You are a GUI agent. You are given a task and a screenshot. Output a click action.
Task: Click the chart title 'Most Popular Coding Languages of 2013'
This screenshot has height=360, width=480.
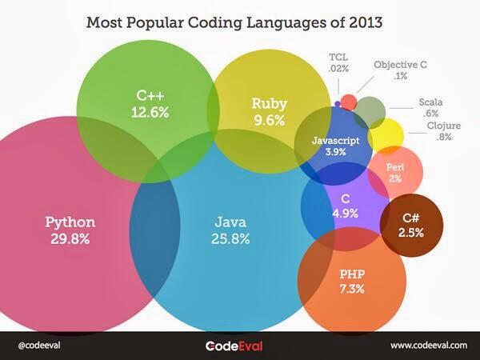[234, 20]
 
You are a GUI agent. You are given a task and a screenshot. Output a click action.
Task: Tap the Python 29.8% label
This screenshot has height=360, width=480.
[70, 229]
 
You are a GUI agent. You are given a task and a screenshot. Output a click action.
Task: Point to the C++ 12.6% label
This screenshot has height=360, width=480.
[150, 105]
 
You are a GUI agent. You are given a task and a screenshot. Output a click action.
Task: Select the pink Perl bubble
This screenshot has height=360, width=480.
[394, 173]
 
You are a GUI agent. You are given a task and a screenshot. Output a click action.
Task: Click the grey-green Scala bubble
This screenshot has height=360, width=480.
[370, 110]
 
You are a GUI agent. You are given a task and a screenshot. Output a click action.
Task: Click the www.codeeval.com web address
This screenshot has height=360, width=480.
[428, 345]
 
